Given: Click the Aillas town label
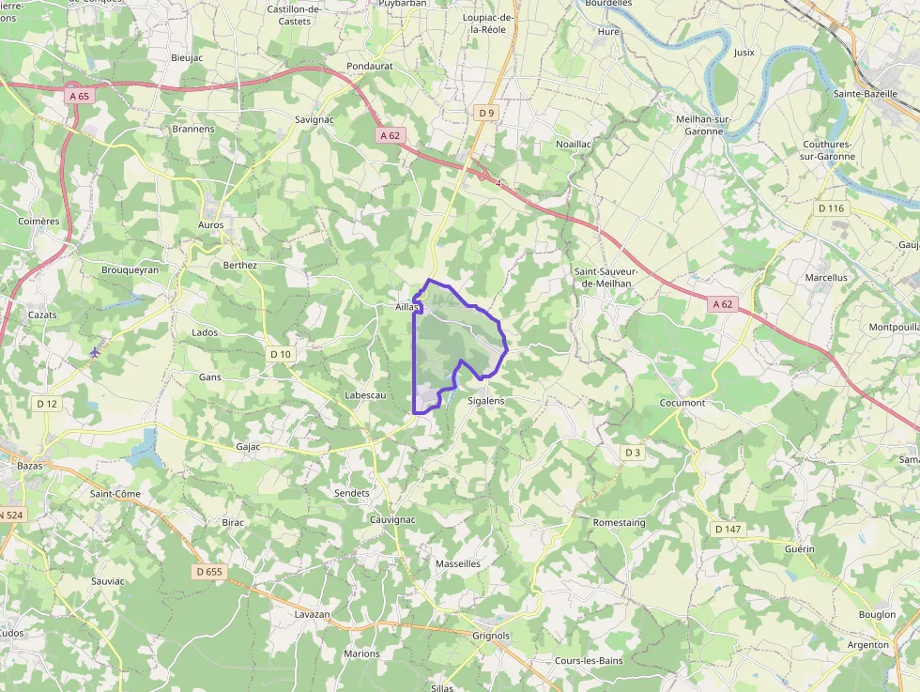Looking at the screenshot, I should pyautogui.click(x=406, y=307).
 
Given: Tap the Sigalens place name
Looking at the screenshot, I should pyautogui.click(x=485, y=401).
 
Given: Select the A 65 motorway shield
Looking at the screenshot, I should pyautogui.click(x=80, y=96).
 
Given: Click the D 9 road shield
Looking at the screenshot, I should pyautogui.click(x=485, y=114).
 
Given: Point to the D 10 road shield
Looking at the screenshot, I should pyautogui.click(x=281, y=354).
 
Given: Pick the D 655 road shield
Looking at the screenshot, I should pyautogui.click(x=210, y=571).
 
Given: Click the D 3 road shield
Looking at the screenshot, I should pyautogui.click(x=633, y=453).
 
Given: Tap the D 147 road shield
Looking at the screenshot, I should pyautogui.click(x=728, y=529).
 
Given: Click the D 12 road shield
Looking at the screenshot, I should pyautogui.click(x=47, y=403).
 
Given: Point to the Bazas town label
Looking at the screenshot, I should pyautogui.click(x=30, y=465).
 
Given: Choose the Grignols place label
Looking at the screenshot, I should pyautogui.click(x=491, y=636).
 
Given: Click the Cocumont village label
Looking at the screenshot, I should pyautogui.click(x=682, y=403).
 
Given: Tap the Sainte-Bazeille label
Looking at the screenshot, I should pyautogui.click(x=866, y=94).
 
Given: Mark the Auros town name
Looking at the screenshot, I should pyautogui.click(x=211, y=225).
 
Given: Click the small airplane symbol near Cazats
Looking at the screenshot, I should pyautogui.click(x=95, y=352).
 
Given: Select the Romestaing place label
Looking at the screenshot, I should pyautogui.click(x=620, y=522).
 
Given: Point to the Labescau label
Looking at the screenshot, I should pyautogui.click(x=366, y=395).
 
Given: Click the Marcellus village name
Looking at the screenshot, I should pyautogui.click(x=826, y=278).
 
